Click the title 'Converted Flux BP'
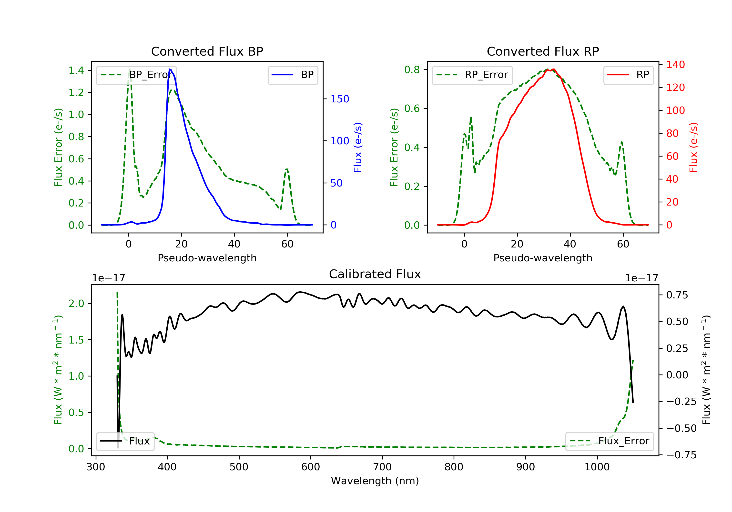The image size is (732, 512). click(x=207, y=51)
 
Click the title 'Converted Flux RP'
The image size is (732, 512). click(x=543, y=51)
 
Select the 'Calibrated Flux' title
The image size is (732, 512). click(x=375, y=274)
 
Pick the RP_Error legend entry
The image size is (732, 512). click(x=472, y=75)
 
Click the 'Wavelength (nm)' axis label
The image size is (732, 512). click(x=375, y=481)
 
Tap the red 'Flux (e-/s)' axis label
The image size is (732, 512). click(x=693, y=148)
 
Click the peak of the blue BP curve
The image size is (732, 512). click(x=170, y=69)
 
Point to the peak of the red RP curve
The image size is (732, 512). click(x=554, y=69)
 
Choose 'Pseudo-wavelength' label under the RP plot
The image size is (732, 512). click(x=543, y=258)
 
